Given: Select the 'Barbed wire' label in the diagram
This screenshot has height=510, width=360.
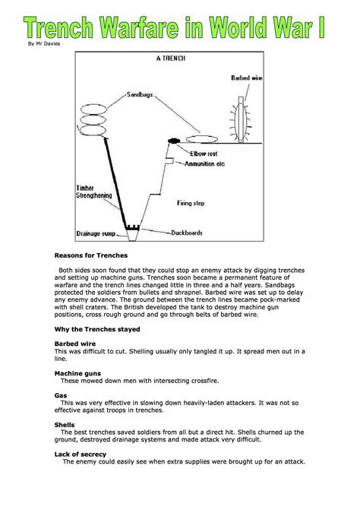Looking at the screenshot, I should [248, 78].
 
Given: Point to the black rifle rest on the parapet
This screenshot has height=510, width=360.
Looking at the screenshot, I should [173, 140].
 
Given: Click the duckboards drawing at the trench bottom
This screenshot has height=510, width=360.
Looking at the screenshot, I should [134, 227].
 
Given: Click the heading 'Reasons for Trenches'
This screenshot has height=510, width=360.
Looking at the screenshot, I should [91, 255].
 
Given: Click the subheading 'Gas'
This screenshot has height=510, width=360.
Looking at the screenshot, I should [60, 396].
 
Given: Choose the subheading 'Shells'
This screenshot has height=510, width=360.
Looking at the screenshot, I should [65, 424].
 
